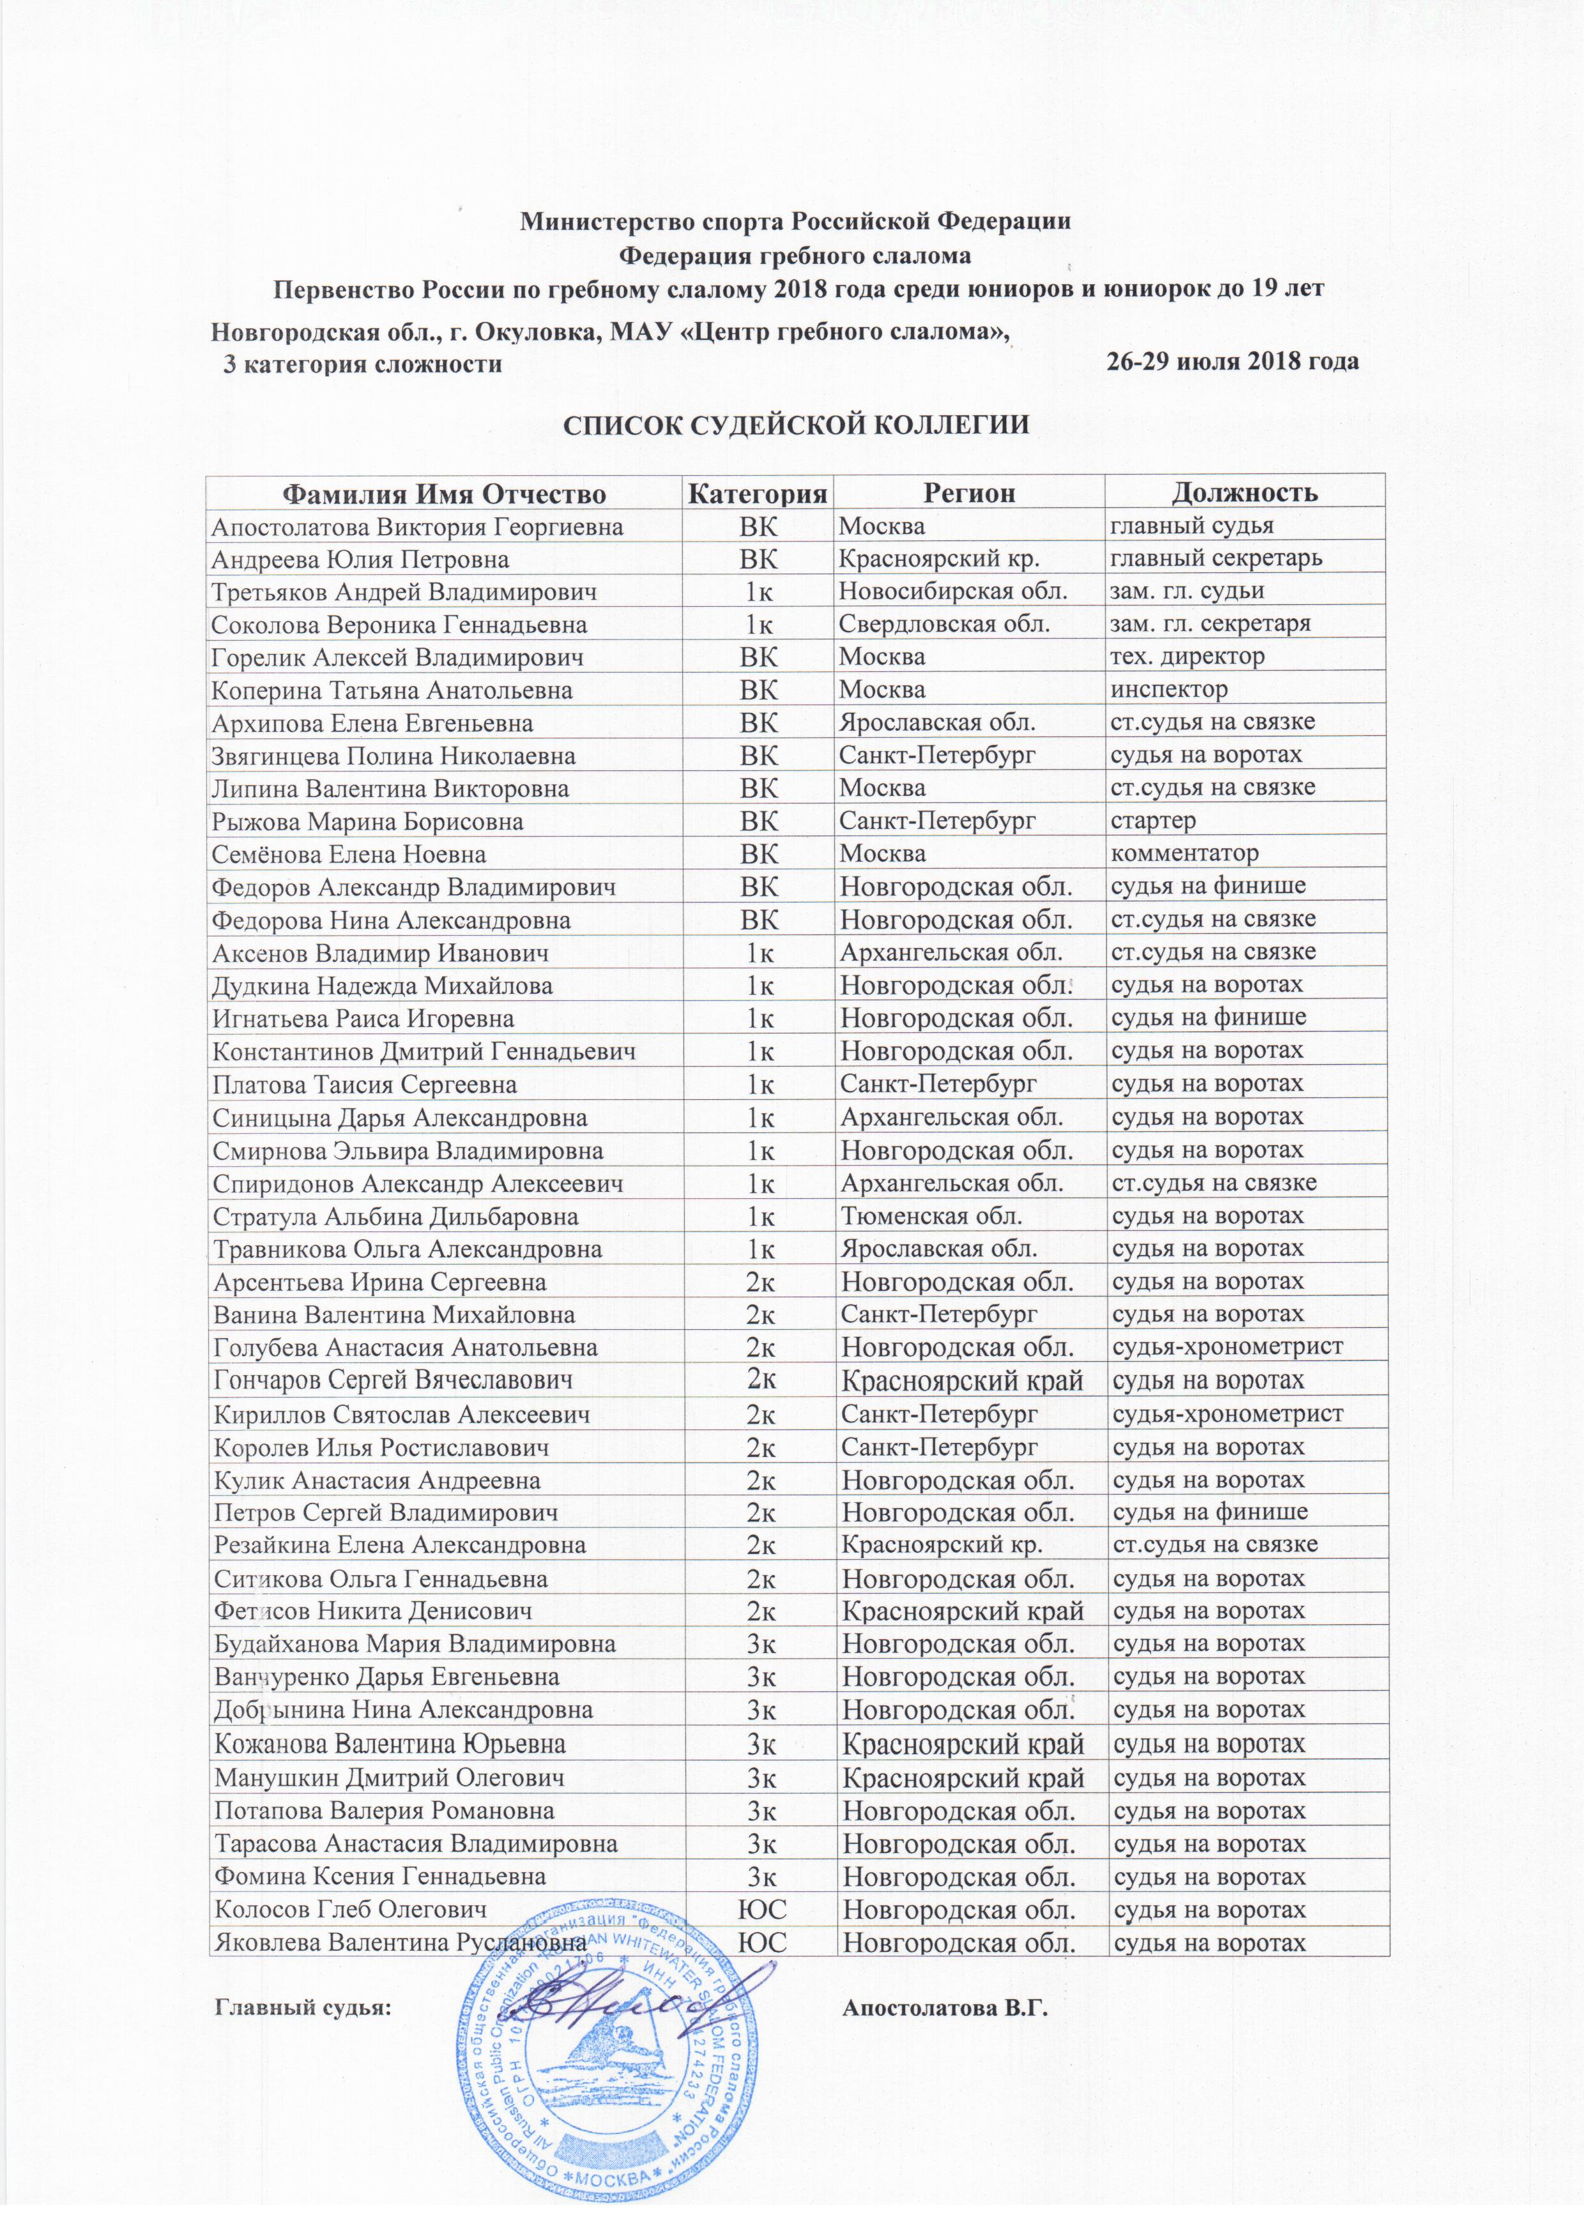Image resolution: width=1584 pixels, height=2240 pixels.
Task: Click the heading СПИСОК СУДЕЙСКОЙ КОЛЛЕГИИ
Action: [x=794, y=425]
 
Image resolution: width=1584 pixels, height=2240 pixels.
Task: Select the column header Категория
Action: [x=759, y=492]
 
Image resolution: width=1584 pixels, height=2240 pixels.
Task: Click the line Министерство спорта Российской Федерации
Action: [x=795, y=220]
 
